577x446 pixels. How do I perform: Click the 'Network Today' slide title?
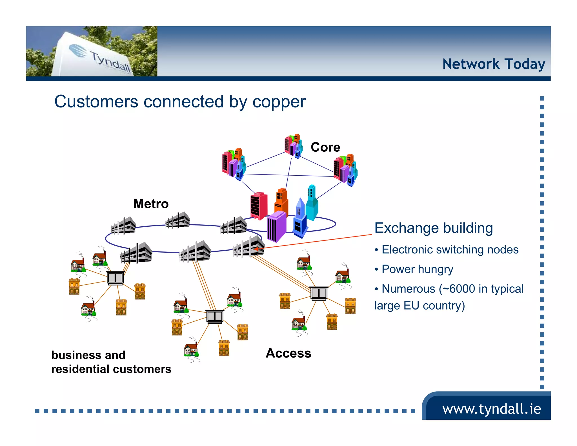pyautogui.click(x=493, y=64)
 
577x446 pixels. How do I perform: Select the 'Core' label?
pyautogui.click(x=325, y=147)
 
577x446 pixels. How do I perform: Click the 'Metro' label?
pyautogui.click(x=151, y=204)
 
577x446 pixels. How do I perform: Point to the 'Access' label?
pyautogui.click(x=288, y=353)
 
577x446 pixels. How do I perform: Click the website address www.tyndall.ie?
pyautogui.click(x=491, y=409)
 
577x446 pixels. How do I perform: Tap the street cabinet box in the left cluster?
pyautogui.click(x=115, y=278)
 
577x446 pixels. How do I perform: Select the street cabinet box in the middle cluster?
pyautogui.click(x=215, y=316)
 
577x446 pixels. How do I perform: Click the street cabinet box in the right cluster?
pyautogui.click(x=319, y=293)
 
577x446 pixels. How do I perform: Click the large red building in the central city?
pyautogui.click(x=258, y=206)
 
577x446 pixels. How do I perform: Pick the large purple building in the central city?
pyautogui.click(x=277, y=227)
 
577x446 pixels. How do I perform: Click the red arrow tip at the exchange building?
pyautogui.click(x=256, y=249)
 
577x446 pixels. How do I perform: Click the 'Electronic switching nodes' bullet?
pyautogui.click(x=450, y=250)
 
